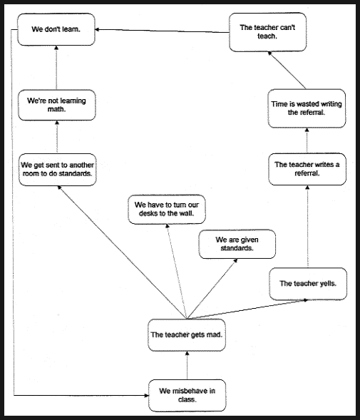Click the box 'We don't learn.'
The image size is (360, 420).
pyautogui.click(x=56, y=29)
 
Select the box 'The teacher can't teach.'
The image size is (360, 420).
pyautogui.click(x=267, y=32)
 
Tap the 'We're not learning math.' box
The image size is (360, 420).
pyautogui.click(x=57, y=105)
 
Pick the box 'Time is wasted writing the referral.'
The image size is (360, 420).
pyautogui.click(x=307, y=108)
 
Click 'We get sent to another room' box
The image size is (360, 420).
pyautogui.click(x=57, y=170)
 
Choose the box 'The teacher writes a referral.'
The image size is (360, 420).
pyautogui.click(x=307, y=169)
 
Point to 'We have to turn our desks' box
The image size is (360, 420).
pyautogui.click(x=167, y=209)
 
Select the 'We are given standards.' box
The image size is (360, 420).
pyautogui.click(x=237, y=244)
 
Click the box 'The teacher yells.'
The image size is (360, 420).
pyautogui.click(x=308, y=284)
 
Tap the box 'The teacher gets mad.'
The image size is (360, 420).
pyautogui.click(x=187, y=335)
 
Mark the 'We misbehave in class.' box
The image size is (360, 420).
pyautogui.click(x=187, y=395)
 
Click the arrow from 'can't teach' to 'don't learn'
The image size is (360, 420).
pyautogui.click(x=162, y=31)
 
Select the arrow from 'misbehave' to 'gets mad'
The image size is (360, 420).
pyautogui.click(x=187, y=365)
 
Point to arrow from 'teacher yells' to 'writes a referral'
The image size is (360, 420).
pyautogui.click(x=307, y=226)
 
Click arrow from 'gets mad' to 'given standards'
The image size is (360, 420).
pyautogui.click(x=212, y=289)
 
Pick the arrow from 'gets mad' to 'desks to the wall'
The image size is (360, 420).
pyautogui.click(x=176, y=272)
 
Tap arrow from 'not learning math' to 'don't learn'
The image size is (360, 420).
pyautogui.click(x=56, y=68)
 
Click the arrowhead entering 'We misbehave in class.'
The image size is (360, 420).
pyautogui.click(x=146, y=395)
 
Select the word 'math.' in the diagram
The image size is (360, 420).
pyautogui.click(x=56, y=109)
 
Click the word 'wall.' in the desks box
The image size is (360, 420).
pyautogui.click(x=187, y=213)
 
